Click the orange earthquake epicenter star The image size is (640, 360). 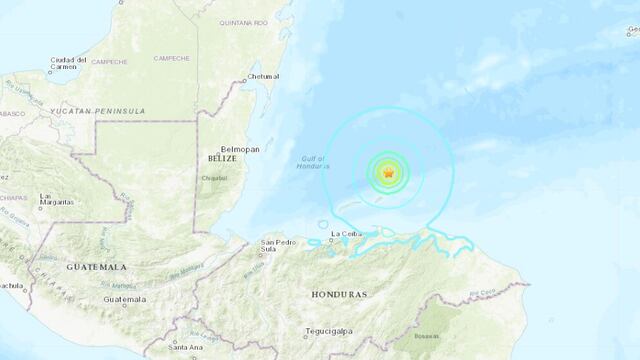[x=387, y=173]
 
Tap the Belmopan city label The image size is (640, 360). [x=241, y=149]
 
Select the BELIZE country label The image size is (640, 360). [x=223, y=159]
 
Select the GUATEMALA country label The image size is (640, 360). [x=97, y=268]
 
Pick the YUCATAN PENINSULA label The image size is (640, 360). [x=101, y=111]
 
